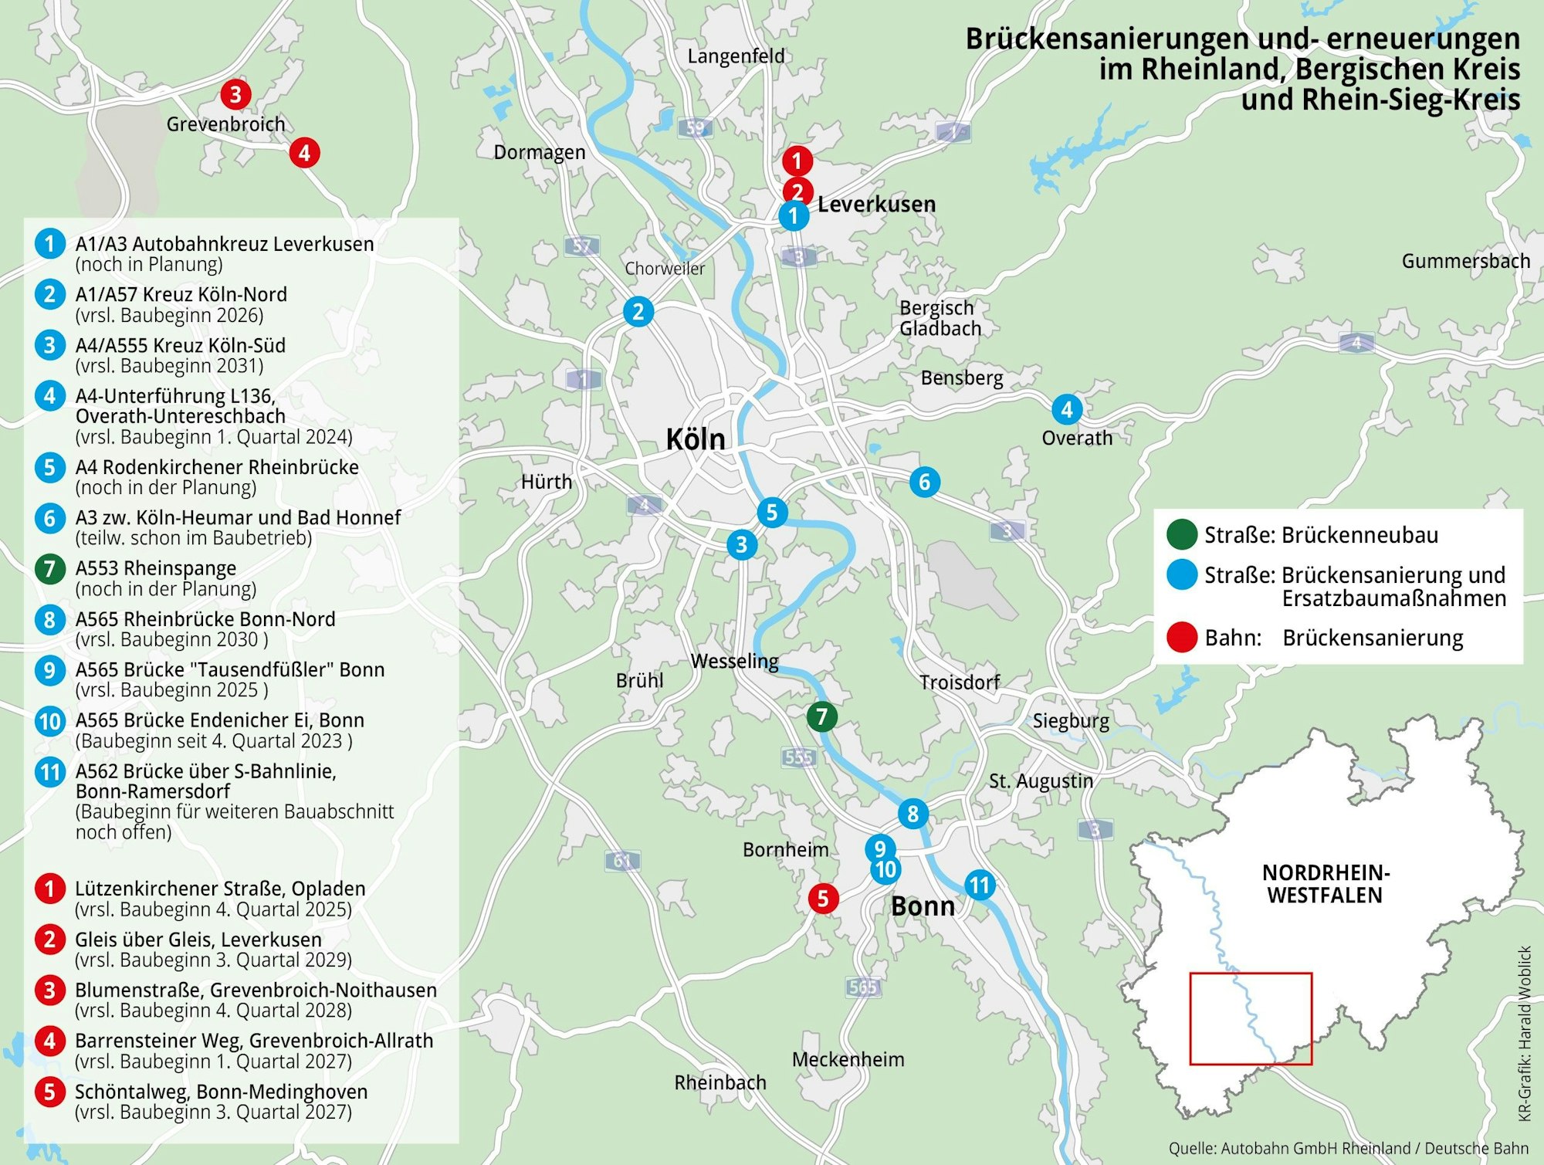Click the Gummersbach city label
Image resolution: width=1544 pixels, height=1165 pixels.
(1465, 261)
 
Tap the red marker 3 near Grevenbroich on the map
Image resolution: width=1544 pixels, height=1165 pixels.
(235, 94)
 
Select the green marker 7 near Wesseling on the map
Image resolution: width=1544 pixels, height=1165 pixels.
(821, 716)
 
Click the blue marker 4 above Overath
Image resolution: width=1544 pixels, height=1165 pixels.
(1067, 409)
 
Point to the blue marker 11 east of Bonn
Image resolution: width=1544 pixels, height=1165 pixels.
(980, 885)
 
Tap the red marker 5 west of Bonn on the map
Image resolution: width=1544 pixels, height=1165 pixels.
(823, 898)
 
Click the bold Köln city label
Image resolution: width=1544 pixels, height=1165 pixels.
(696, 439)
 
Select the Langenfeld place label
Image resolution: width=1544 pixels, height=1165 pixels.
(736, 56)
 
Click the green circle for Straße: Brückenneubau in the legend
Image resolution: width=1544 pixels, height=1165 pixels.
(1181, 534)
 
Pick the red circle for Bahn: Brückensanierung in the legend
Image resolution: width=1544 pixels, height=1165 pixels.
(1181, 638)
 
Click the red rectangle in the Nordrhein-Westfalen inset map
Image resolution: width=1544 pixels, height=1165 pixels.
(1251, 1018)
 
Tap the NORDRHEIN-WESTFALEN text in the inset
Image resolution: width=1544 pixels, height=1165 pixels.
(1326, 884)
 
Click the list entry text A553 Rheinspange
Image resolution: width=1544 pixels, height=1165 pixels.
(156, 568)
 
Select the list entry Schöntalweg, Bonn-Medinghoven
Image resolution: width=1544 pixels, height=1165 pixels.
(221, 1092)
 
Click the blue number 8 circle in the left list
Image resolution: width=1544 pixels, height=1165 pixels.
(50, 619)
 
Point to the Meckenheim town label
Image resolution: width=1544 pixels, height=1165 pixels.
(848, 1059)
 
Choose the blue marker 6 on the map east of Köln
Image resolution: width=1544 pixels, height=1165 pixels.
(924, 482)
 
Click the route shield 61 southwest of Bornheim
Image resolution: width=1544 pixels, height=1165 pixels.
(622, 860)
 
